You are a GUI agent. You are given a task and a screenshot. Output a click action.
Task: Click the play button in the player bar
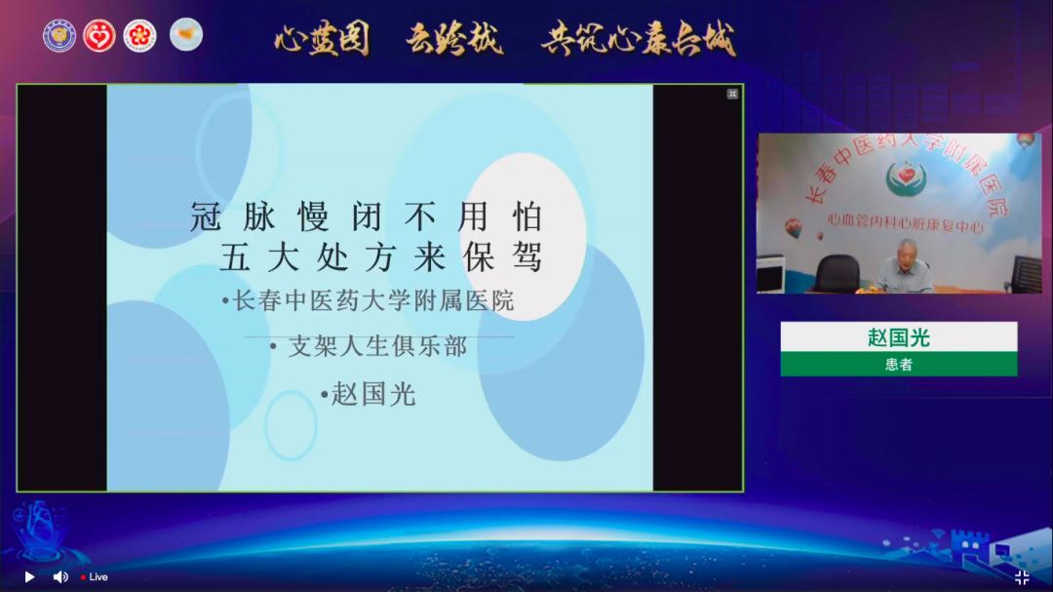coord(29,576)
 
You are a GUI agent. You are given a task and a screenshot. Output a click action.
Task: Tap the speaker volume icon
coord(59,576)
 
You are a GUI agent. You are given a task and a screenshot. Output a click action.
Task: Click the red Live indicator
coord(95,577)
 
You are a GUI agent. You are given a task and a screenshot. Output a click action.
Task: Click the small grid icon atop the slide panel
coord(732,94)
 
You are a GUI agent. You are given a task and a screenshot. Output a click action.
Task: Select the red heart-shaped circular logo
coord(99,36)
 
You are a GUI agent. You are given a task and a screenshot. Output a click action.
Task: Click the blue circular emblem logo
coord(59,36)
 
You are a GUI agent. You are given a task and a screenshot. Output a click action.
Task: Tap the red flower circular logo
coord(139,36)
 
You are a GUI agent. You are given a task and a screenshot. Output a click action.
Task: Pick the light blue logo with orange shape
coord(186,35)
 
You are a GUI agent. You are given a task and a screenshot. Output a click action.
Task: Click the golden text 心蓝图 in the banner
coord(322,39)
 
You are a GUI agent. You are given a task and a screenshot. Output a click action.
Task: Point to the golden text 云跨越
coord(454,39)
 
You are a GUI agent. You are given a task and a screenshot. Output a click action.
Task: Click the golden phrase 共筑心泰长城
coord(639,39)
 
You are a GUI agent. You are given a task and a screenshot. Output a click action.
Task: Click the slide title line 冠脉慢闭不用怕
coord(366,217)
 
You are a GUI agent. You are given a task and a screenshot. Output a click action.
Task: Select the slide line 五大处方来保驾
coord(380,257)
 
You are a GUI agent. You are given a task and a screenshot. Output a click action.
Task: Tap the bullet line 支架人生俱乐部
coord(377,346)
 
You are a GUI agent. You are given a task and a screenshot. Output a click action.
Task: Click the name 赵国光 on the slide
coord(373,394)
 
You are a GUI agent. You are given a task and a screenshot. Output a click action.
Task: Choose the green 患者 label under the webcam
coord(898,364)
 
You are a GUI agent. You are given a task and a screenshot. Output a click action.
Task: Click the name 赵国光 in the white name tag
coord(898,337)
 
